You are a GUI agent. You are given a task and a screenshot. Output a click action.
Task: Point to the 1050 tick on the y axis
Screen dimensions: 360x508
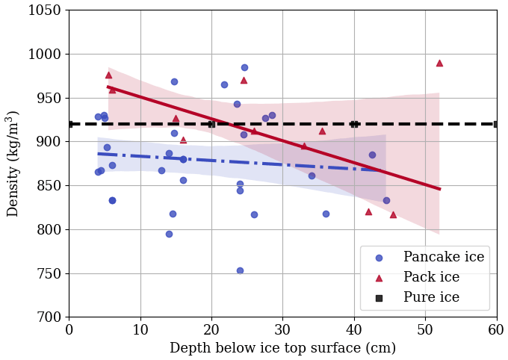coord(45,10)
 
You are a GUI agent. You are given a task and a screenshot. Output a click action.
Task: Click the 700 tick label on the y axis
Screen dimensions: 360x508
coord(50,317)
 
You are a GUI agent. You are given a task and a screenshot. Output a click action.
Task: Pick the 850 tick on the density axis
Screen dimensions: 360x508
coord(50,186)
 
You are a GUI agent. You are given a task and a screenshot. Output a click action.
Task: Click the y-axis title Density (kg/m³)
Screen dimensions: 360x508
coord(13,164)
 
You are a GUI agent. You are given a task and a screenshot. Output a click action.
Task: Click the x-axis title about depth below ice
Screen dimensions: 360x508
coord(282,349)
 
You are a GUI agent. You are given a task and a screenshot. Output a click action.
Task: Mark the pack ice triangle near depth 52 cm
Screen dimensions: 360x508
coord(439,63)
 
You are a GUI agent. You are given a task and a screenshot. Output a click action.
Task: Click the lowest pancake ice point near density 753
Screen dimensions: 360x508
coord(240,270)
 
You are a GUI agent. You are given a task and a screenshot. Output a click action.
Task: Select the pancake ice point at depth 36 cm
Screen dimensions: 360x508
coord(326,214)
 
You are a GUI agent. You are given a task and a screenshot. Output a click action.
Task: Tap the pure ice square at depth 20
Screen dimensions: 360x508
coord(211,124)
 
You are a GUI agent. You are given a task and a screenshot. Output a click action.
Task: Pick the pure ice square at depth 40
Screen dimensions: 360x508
coord(354,124)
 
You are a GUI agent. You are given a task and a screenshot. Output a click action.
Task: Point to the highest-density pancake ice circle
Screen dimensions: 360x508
coord(244,67)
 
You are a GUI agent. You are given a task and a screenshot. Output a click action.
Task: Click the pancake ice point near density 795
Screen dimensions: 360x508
coord(169,234)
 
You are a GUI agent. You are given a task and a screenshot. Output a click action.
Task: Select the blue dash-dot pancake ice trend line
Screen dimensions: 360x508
coord(224,161)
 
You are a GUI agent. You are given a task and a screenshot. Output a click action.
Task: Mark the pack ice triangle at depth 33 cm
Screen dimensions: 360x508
coord(304,146)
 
